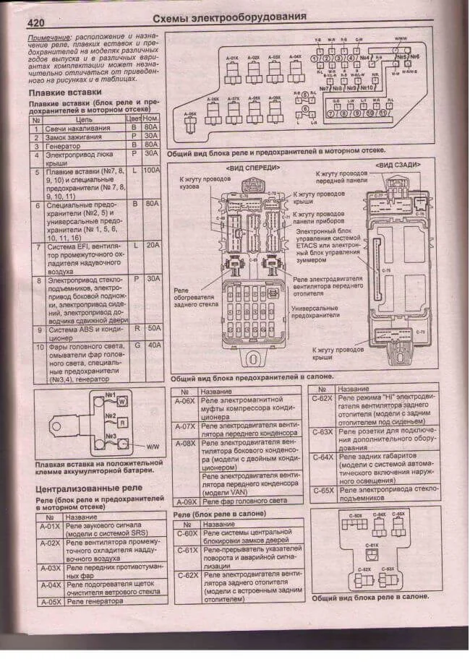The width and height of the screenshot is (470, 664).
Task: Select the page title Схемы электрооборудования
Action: coord(230,17)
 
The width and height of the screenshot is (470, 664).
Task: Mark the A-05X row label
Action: coord(50,601)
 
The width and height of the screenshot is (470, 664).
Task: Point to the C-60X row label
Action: coord(187,533)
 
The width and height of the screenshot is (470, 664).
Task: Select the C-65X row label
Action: coord(322,490)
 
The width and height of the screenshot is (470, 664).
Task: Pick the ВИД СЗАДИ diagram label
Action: coord(397,165)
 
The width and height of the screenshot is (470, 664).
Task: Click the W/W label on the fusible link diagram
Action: coord(153,447)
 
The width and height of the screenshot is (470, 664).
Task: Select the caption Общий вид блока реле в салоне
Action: coord(369,597)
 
